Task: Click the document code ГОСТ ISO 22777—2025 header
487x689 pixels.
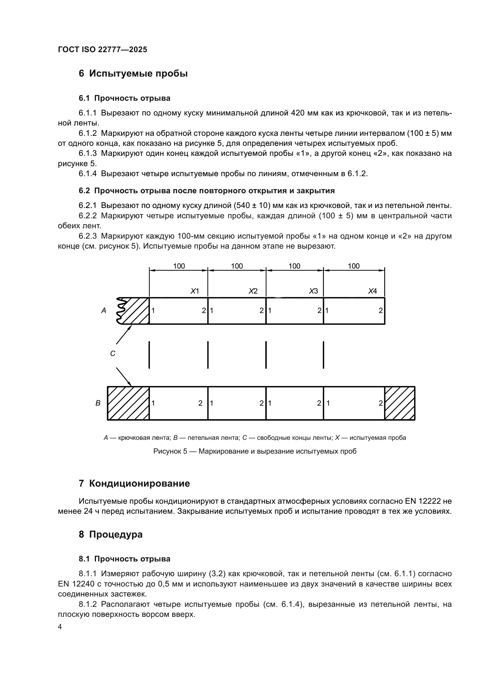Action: click(x=102, y=49)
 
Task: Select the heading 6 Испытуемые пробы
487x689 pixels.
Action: click(x=133, y=74)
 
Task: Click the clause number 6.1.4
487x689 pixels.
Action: click(x=87, y=174)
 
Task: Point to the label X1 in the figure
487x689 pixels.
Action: click(x=195, y=291)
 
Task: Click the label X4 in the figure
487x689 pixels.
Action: click(x=372, y=291)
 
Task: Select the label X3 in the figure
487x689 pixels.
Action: click(x=313, y=291)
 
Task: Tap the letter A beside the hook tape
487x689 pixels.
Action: click(x=104, y=310)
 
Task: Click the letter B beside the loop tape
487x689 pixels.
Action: click(x=98, y=403)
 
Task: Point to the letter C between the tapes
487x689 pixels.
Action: click(x=113, y=354)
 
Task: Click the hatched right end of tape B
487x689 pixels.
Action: click(x=400, y=403)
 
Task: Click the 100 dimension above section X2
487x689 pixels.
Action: click(x=237, y=266)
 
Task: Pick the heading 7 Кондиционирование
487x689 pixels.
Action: click(x=134, y=483)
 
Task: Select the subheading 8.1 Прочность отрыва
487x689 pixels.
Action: click(x=125, y=559)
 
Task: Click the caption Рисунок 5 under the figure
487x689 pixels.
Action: click(x=255, y=451)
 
